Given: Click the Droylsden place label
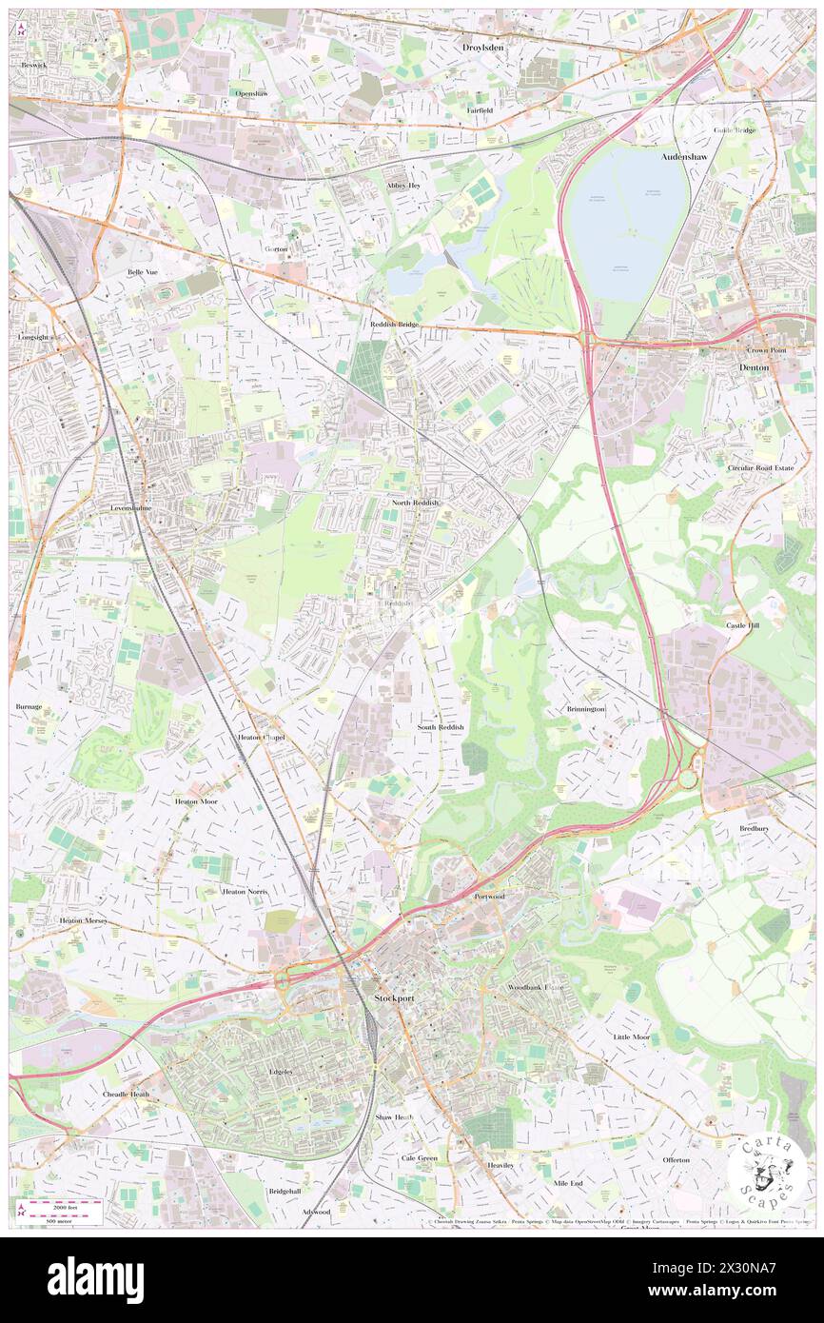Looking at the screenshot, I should click(x=482, y=46).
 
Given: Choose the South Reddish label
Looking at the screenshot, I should click(x=441, y=727).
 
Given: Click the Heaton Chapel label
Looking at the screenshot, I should click(x=261, y=738).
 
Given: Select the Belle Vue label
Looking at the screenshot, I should click(x=147, y=271).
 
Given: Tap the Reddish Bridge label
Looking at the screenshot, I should click(x=394, y=324).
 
